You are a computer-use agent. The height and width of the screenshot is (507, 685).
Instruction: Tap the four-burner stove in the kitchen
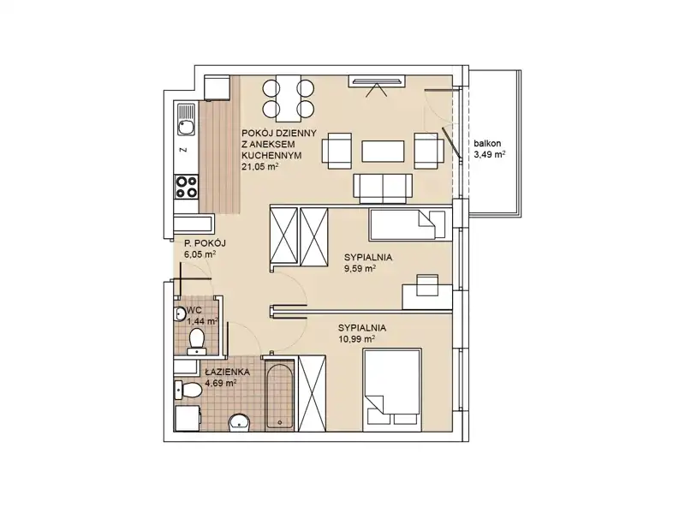pyautogui.click(x=186, y=187)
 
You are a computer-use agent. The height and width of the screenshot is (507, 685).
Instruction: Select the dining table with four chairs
pyautogui.click(x=289, y=98)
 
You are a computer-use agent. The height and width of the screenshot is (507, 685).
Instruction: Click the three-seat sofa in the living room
pyautogui.click(x=383, y=188)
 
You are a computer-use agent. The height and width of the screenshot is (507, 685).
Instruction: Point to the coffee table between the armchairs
pyautogui.click(x=383, y=152)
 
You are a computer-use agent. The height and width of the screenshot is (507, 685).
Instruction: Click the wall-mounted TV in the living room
pyautogui.click(x=376, y=81)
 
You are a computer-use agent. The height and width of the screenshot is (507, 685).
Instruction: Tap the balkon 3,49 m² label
pyautogui.click(x=490, y=149)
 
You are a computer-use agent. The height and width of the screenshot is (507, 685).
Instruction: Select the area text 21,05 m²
pyautogui.click(x=260, y=166)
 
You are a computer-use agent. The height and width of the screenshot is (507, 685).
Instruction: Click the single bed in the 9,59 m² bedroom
pyautogui.click(x=410, y=224)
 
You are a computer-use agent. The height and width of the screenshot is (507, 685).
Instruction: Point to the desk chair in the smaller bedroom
pyautogui.click(x=427, y=285)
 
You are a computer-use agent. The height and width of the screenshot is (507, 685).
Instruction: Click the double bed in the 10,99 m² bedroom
pyautogui.click(x=392, y=390)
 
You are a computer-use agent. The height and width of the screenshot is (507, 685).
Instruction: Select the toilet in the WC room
pyautogui.click(x=197, y=342)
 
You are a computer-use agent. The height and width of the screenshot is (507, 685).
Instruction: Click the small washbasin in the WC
pyautogui.click(x=180, y=313)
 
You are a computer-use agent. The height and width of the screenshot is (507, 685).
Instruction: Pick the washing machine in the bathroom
pyautogui.click(x=187, y=419)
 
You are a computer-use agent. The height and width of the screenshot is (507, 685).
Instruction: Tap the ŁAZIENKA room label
pyautogui.click(x=227, y=373)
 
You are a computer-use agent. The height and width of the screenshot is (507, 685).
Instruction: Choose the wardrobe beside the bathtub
pyautogui.click(x=312, y=393)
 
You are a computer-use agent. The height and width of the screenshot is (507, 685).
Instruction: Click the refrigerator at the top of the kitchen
pyautogui.click(x=217, y=87)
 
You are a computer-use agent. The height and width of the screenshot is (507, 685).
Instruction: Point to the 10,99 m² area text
pyautogui.click(x=356, y=339)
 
